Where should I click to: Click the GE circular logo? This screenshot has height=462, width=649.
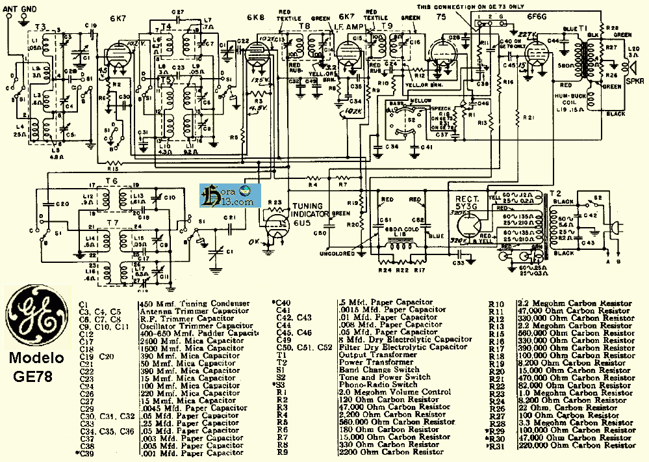click(x=36, y=317)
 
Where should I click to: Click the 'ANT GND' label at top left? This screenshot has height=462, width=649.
click(x=20, y=8)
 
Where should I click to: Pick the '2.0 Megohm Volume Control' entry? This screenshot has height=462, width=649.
click(x=390, y=392)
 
